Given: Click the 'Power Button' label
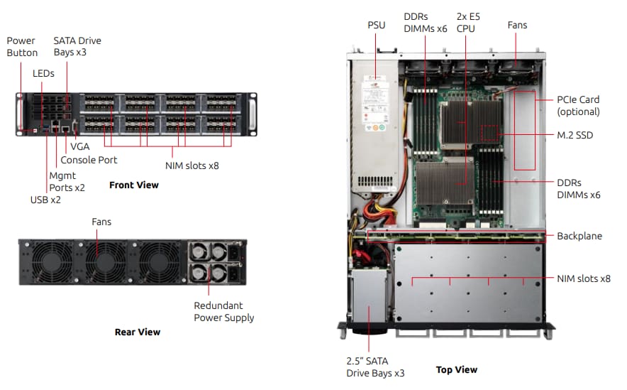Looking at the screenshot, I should [22, 47].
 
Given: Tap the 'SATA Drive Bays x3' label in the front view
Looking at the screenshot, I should [77, 47].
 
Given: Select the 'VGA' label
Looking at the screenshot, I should [79, 146].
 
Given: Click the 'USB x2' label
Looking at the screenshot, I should [45, 200].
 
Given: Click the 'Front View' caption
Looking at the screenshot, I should [133, 185].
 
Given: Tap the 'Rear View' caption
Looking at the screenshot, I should [138, 332].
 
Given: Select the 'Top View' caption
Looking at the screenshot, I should [456, 369].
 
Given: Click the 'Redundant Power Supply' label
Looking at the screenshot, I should [223, 311].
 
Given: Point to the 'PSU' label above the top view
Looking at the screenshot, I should [376, 25].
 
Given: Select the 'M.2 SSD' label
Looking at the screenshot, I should [575, 135].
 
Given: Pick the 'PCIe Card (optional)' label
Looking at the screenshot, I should [578, 106].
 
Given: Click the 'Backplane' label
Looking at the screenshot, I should [579, 235].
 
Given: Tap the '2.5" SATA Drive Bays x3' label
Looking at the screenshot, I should [375, 367].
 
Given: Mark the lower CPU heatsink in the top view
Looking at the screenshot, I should [443, 183].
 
